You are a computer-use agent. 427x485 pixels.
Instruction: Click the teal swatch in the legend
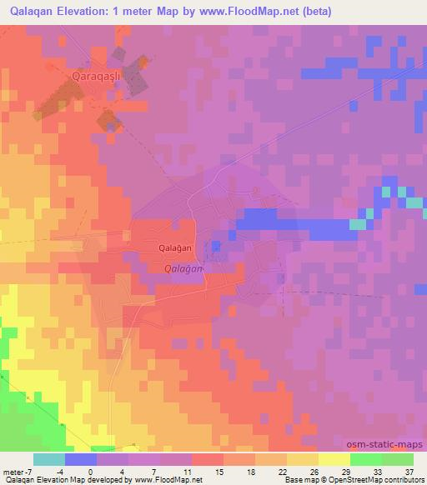coord(49,459)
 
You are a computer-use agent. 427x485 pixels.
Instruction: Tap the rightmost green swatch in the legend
coord(398,459)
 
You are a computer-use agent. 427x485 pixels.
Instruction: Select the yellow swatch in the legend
coord(334,459)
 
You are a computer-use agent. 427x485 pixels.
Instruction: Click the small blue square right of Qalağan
coord(216,245)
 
